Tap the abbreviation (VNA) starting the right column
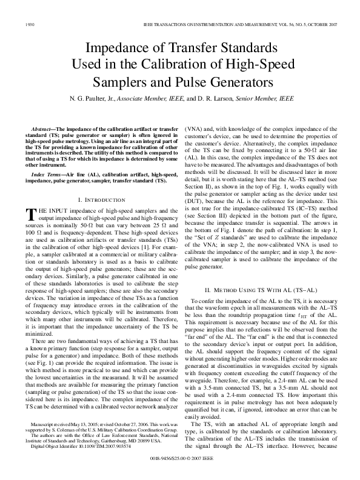pos(195,130)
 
